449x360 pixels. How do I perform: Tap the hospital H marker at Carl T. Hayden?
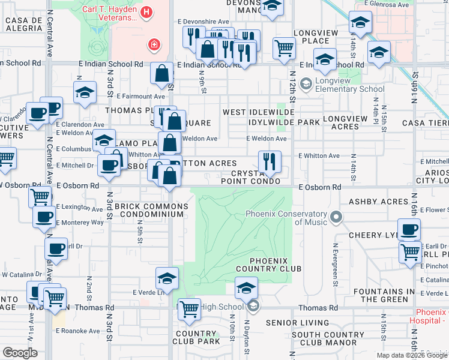146,12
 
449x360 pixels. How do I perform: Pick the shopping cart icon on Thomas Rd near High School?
189,310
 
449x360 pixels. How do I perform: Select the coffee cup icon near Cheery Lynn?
409,229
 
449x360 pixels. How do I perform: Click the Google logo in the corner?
19,352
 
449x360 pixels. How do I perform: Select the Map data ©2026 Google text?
412,355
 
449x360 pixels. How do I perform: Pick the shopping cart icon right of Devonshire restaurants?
283,48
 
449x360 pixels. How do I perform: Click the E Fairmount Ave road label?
141,96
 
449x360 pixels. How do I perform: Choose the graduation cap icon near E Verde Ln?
167,278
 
